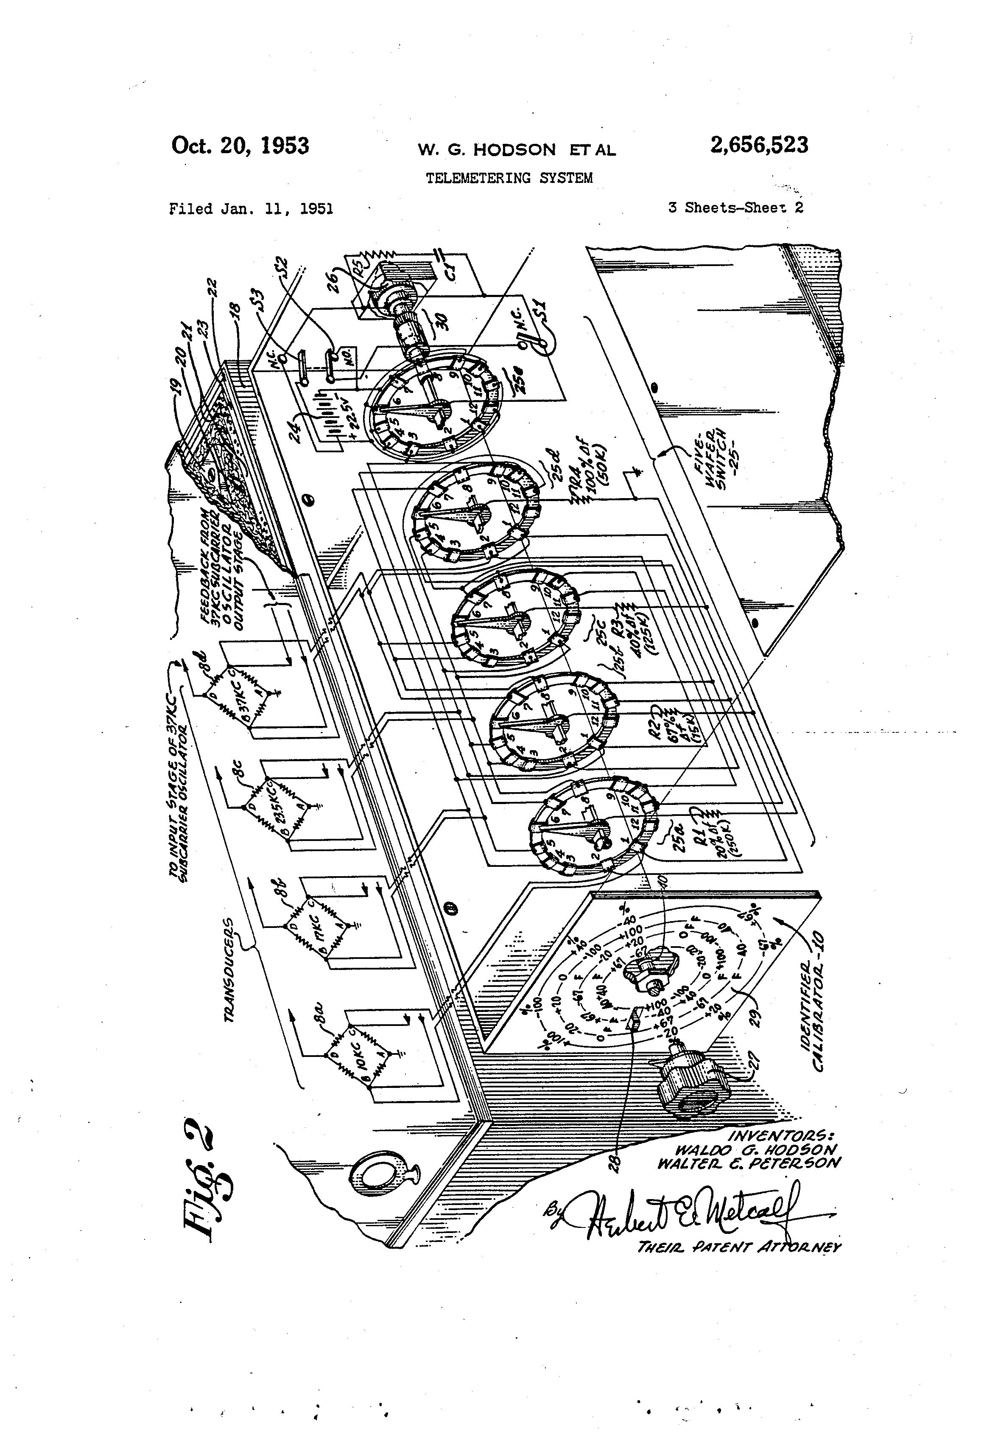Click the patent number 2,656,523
pyautogui.click(x=759, y=145)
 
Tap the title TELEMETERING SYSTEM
pyautogui.click(x=509, y=178)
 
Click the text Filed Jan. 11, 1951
pyautogui.click(x=251, y=209)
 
